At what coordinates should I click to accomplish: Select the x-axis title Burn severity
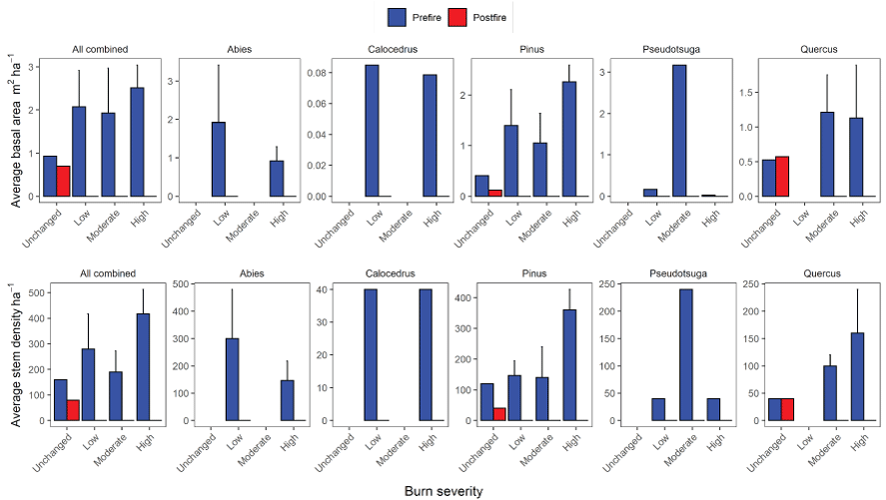tap(443, 491)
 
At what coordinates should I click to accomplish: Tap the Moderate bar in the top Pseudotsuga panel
tap(679, 130)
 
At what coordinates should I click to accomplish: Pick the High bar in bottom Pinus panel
tap(569, 364)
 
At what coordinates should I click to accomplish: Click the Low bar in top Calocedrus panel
tap(372, 130)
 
